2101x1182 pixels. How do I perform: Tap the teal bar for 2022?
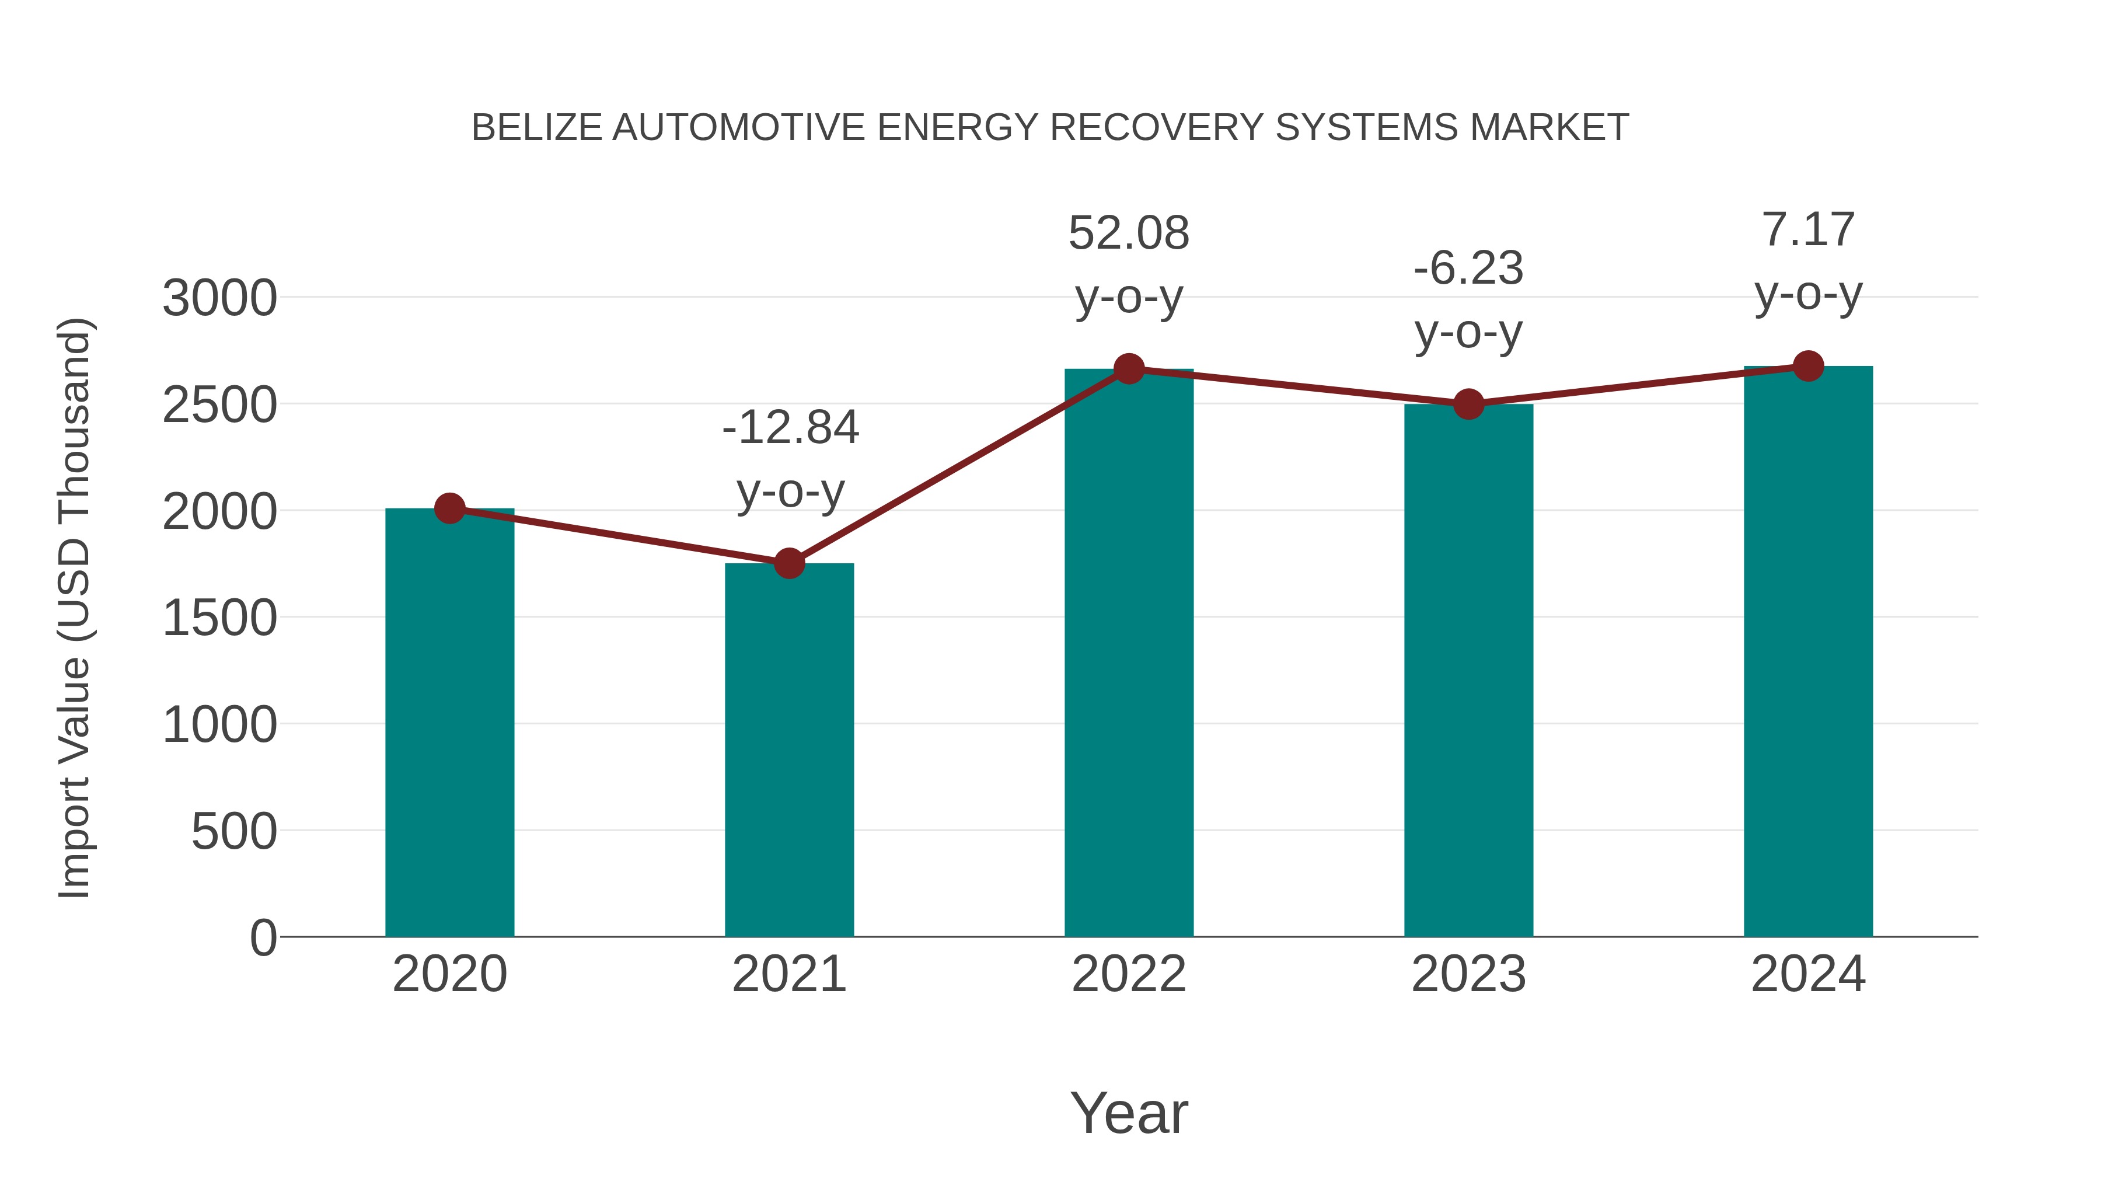(x=1129, y=653)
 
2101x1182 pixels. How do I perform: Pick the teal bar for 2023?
(x=1468, y=670)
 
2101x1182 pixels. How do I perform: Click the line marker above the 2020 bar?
(x=449, y=508)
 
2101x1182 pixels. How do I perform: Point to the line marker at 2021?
(x=788, y=563)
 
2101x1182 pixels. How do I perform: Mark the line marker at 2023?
(x=1468, y=404)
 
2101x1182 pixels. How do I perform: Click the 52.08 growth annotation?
(x=1129, y=234)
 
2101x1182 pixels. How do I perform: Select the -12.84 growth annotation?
(x=790, y=428)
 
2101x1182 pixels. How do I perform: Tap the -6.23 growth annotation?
(x=1468, y=269)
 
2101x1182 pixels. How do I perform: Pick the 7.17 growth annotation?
(x=1808, y=230)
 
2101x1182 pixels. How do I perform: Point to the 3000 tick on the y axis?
(x=219, y=298)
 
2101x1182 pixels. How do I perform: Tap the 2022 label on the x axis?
(x=1129, y=974)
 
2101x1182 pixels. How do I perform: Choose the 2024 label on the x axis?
(x=1808, y=974)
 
